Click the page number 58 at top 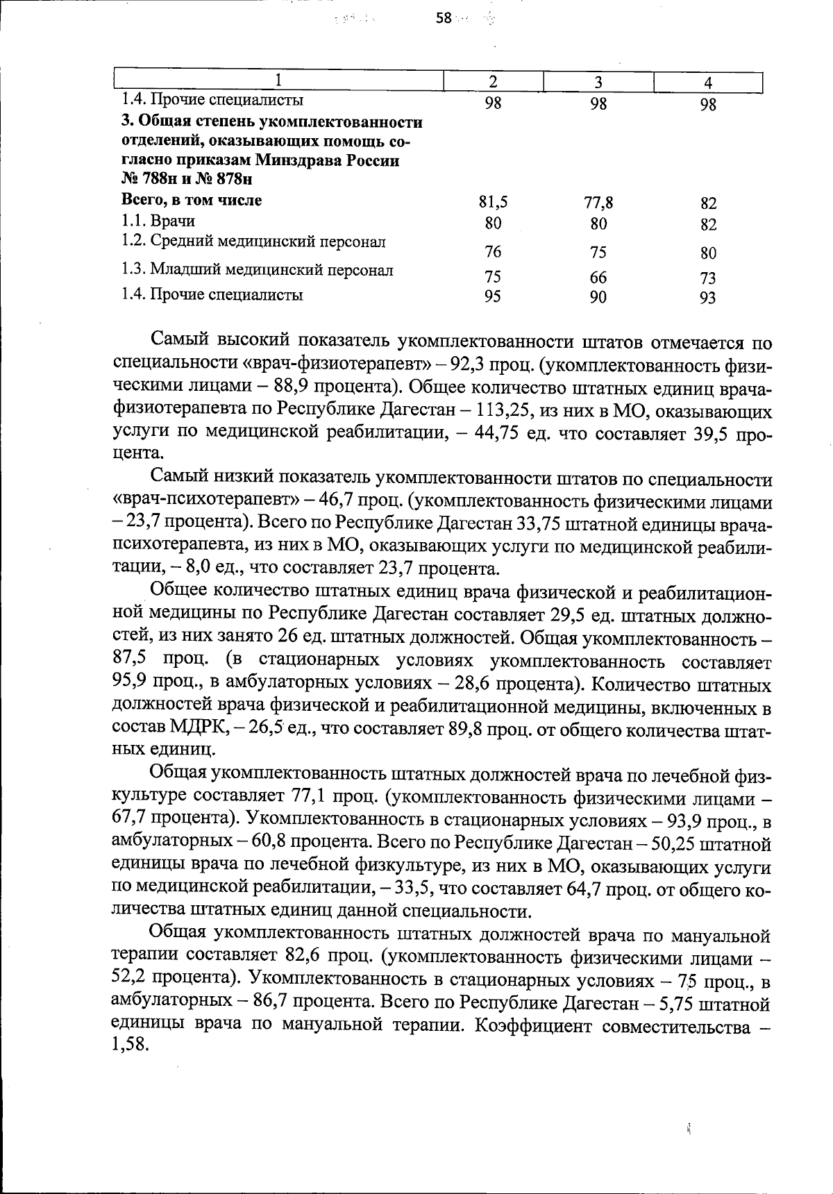(444, 19)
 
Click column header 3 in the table (598, 82)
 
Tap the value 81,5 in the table (493, 203)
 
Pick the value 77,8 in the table (598, 203)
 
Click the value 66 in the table (598, 278)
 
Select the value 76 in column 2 (493, 252)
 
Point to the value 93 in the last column (708, 298)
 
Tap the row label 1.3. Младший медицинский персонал (257, 270)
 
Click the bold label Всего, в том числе (192, 201)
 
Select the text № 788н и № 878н (186, 180)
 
